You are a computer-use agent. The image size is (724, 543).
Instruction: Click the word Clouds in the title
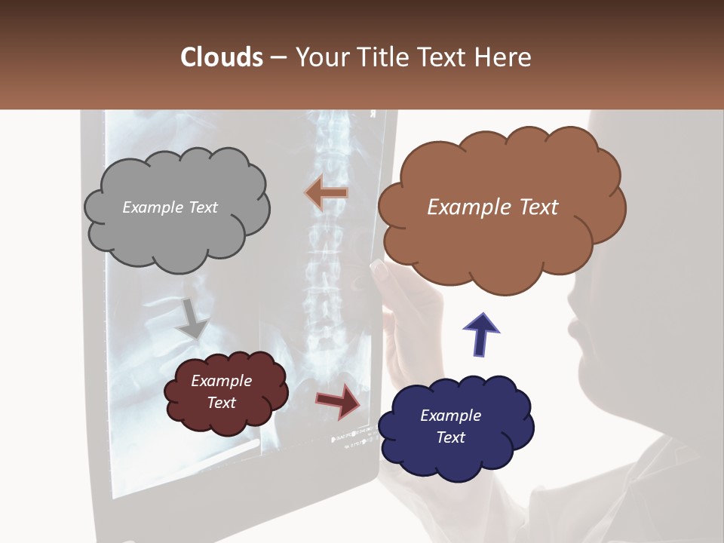click(x=222, y=57)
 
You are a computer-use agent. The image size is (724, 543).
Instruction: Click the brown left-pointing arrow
click(x=326, y=193)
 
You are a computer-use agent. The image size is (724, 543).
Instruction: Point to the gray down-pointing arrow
click(x=193, y=318)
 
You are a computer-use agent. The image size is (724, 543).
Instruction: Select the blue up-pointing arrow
click(x=480, y=334)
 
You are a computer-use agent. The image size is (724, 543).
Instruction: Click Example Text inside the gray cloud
click(x=170, y=207)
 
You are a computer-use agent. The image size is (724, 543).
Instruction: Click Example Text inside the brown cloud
click(x=492, y=207)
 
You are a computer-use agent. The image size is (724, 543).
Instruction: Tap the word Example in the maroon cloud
click(x=221, y=381)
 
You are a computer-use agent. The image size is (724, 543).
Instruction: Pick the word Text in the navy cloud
click(x=450, y=437)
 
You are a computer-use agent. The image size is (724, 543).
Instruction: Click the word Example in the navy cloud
click(x=450, y=416)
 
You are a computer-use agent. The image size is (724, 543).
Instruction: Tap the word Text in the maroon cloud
click(x=221, y=403)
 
